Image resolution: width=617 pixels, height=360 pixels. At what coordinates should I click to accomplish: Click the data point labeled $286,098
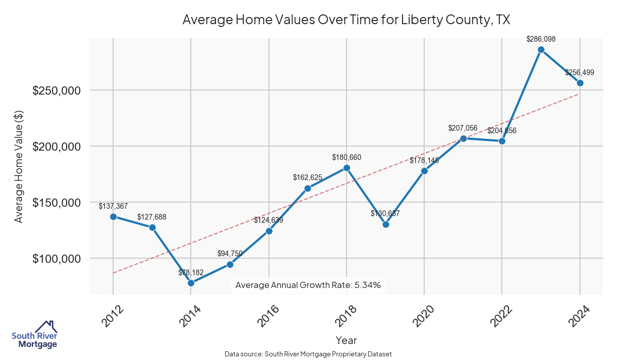point(541,49)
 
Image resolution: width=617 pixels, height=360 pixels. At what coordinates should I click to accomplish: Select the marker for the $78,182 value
point(191,283)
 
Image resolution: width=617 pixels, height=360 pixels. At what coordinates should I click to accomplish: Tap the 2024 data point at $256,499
point(580,83)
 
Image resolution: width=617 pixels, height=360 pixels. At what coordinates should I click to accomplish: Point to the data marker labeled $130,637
point(386,224)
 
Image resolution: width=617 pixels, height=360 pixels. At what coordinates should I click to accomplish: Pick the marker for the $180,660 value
point(347,168)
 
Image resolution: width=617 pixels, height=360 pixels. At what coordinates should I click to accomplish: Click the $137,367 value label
point(113,206)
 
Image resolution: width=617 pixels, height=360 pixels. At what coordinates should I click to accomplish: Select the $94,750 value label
point(230,253)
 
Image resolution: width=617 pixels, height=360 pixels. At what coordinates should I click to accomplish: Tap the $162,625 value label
point(307,177)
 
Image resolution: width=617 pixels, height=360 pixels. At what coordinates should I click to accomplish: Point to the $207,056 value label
point(463,128)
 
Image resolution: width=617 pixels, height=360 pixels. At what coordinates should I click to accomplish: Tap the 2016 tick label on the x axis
point(269,316)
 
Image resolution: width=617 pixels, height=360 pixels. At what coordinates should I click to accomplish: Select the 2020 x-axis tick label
point(425,316)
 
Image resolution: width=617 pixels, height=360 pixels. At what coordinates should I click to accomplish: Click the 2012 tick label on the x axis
point(113,316)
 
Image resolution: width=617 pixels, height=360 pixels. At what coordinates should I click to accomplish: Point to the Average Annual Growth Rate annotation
point(308,285)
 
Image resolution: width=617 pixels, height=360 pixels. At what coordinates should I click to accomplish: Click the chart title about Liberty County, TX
point(346,20)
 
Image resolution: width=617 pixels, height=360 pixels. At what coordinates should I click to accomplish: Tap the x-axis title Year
point(346,340)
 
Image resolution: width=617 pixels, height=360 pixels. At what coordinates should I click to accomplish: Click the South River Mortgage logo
point(34,335)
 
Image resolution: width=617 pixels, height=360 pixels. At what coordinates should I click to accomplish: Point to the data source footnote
point(308,354)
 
